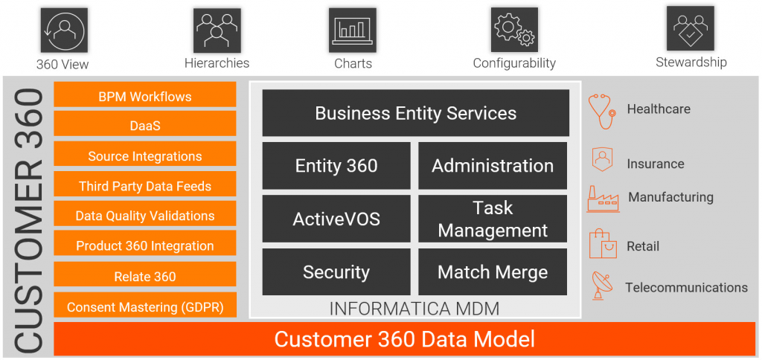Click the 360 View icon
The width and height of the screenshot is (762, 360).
[x=63, y=30]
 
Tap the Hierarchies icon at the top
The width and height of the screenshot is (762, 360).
[x=217, y=30]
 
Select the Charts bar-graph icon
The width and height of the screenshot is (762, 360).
[x=352, y=30]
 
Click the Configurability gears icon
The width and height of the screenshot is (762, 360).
[x=513, y=30]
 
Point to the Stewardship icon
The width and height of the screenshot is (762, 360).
[x=690, y=29]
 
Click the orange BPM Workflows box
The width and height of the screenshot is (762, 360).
[x=145, y=95]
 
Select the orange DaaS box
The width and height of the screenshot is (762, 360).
[x=145, y=125]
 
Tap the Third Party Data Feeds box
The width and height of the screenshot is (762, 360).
[x=145, y=185]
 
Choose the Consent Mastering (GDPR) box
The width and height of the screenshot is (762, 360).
[x=145, y=306]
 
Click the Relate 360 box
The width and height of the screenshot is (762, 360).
[x=145, y=275]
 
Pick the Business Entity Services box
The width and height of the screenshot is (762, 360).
[x=415, y=113]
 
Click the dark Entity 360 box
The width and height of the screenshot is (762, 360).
[x=336, y=166]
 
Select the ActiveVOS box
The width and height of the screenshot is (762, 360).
[x=336, y=219]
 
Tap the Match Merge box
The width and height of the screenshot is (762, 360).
[x=493, y=271]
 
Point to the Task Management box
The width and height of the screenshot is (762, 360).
[x=493, y=219]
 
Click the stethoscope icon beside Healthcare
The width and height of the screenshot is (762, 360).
[x=601, y=111]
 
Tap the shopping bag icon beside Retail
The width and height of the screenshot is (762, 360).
[x=601, y=244]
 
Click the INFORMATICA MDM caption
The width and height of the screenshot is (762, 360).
[x=414, y=307]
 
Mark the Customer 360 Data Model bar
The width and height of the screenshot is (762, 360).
[x=404, y=339]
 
